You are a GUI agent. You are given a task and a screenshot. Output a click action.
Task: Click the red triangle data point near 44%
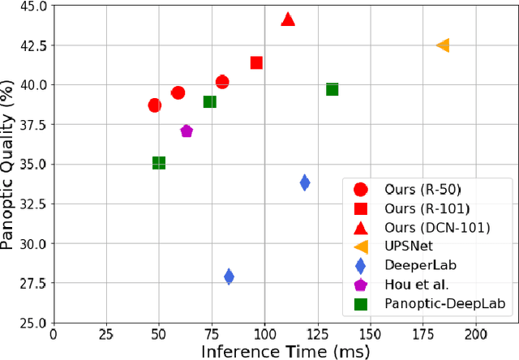point(288,19)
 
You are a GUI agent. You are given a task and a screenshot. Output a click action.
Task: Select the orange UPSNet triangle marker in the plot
point(443,45)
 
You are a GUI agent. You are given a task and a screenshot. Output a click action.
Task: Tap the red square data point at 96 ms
point(256,62)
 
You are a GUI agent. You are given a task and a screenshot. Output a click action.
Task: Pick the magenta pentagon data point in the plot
point(187,131)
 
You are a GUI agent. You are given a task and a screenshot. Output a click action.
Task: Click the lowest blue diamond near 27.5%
point(229,277)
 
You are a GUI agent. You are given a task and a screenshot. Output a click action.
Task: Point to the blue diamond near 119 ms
point(305,182)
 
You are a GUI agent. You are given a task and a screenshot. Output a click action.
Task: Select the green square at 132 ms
point(332,89)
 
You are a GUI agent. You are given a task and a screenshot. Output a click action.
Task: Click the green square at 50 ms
point(159,163)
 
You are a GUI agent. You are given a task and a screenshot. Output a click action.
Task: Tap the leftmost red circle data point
point(154,105)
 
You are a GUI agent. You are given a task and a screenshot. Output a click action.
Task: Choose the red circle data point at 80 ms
point(222,82)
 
